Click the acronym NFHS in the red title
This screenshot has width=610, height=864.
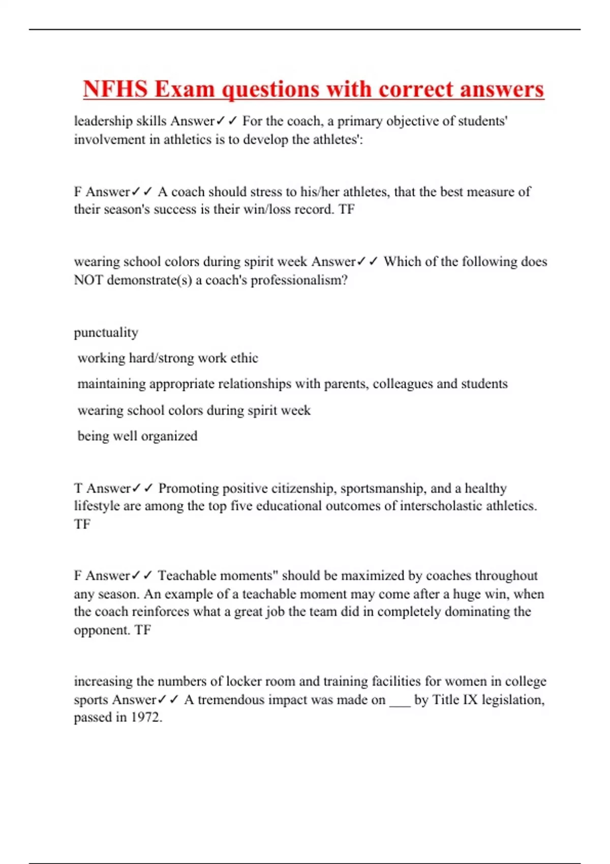[x=115, y=89]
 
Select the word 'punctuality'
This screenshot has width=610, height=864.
[x=106, y=332]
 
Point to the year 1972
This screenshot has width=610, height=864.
[x=146, y=717]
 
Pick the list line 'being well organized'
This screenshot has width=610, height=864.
[x=137, y=436]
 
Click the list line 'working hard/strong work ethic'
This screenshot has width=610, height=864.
[x=168, y=358]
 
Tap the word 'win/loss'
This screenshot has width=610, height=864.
[x=282, y=209]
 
